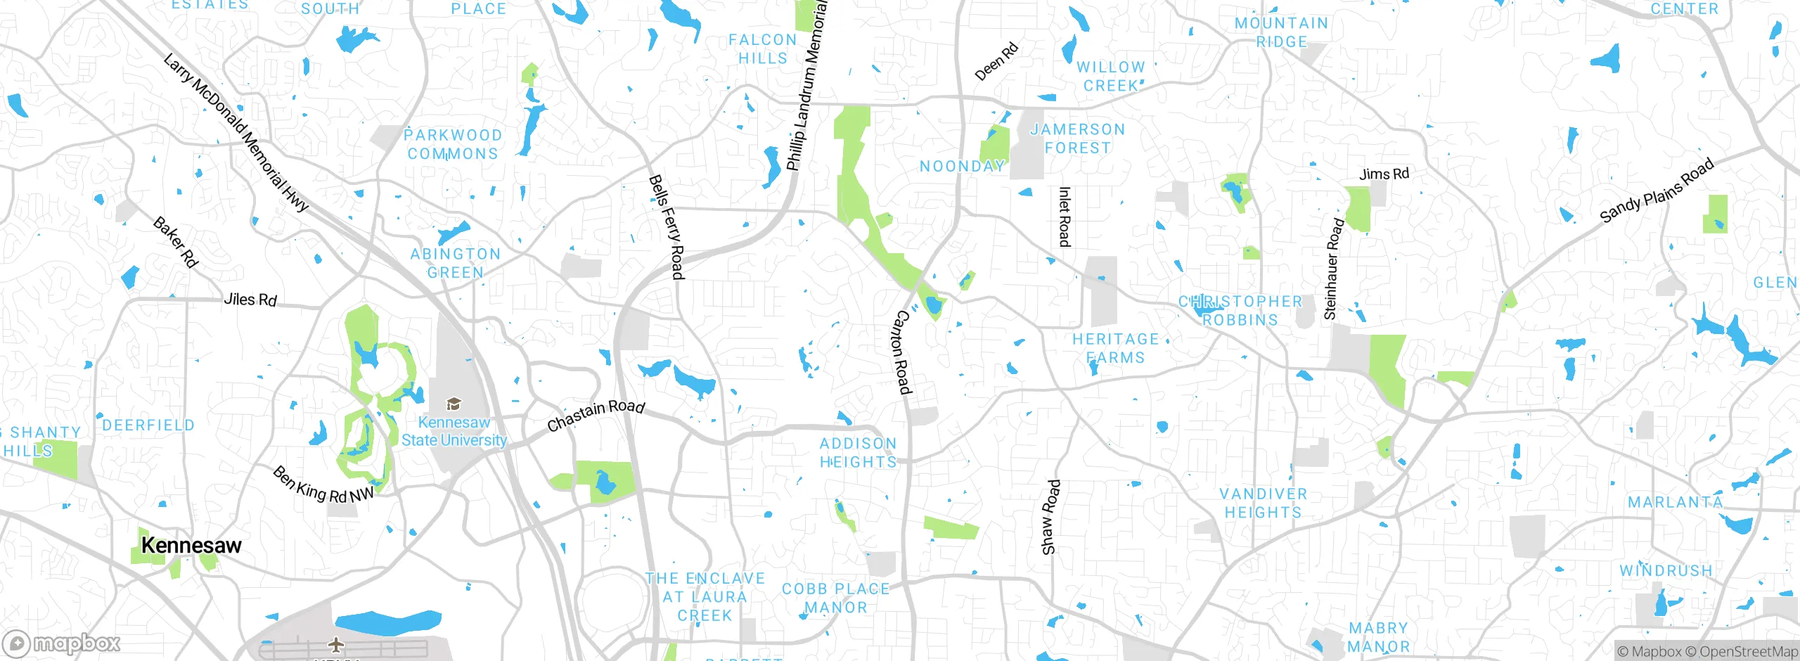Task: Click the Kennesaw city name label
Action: [x=191, y=546]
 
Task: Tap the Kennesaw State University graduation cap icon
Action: [x=454, y=404]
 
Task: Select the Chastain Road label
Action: [x=596, y=415]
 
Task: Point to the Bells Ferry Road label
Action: [x=666, y=226]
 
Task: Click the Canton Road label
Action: [x=901, y=352]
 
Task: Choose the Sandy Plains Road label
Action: [x=1656, y=191]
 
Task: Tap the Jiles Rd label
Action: [x=250, y=300]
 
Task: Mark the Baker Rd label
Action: [x=176, y=242]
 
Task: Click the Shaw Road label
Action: [x=1050, y=517]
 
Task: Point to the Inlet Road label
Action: [x=1065, y=217]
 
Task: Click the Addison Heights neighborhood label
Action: [x=859, y=453]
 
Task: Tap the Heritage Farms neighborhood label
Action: [x=1115, y=348]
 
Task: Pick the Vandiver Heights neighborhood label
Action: [x=1264, y=503]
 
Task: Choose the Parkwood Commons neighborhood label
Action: [x=454, y=144]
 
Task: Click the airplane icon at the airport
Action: [x=337, y=644]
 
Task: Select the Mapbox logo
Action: [x=62, y=643]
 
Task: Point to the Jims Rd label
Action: [x=1384, y=174]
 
